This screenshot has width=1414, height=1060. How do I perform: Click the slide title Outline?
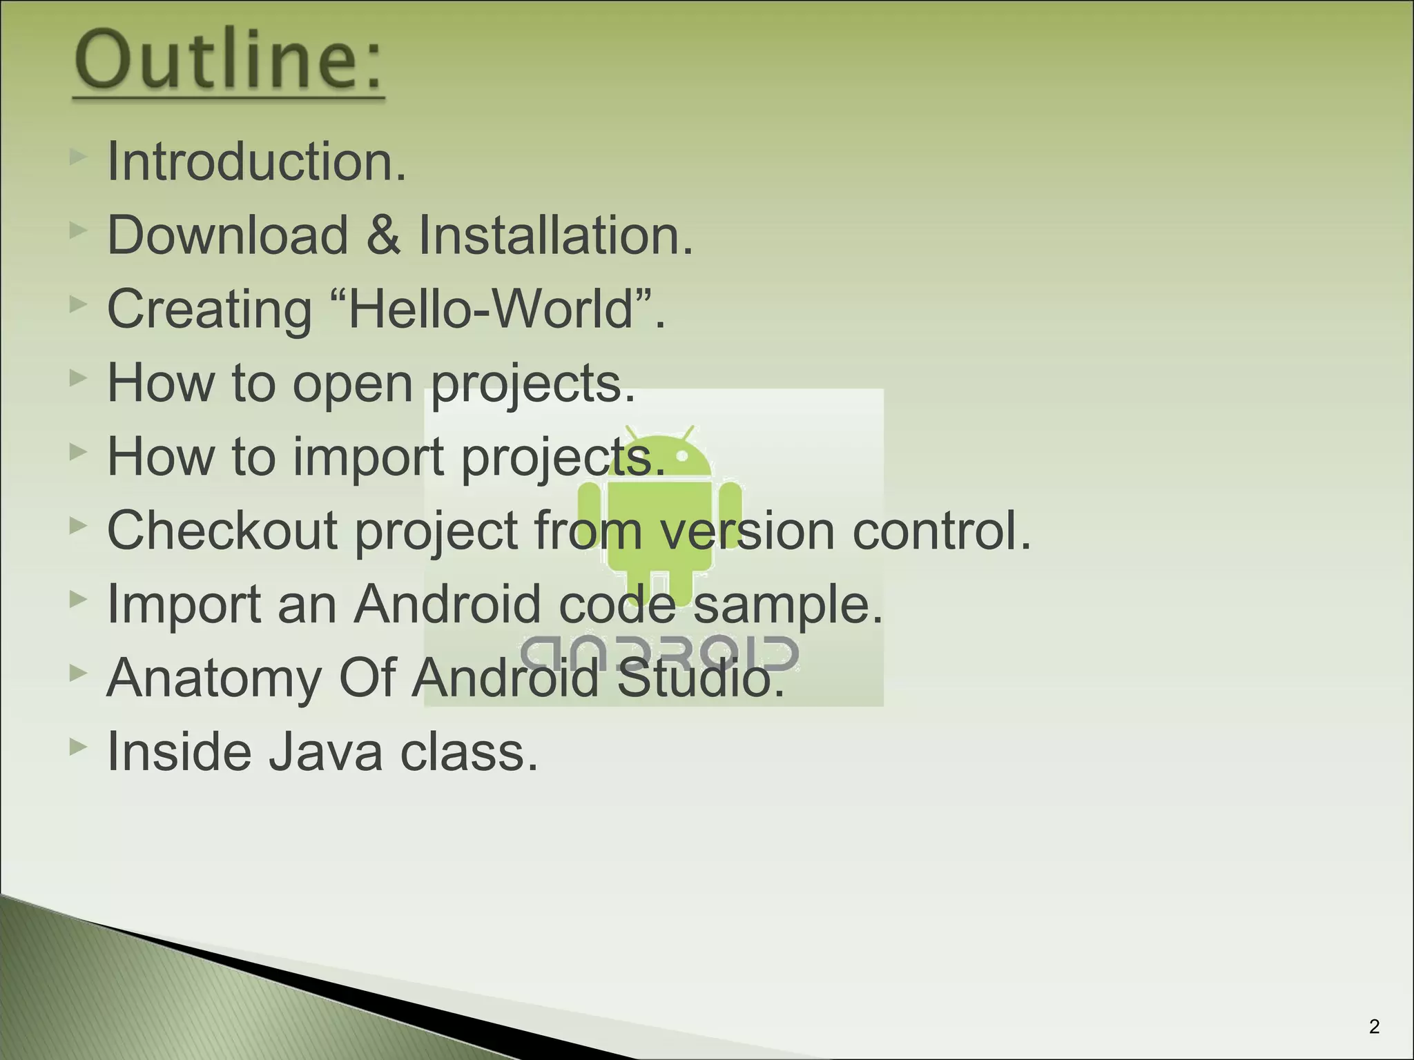pos(229,62)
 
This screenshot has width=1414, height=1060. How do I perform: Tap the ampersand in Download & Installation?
pos(382,235)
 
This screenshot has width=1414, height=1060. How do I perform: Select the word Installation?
pos(555,235)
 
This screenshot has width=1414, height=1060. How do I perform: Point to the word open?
pos(353,384)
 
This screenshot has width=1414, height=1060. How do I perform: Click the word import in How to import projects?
pos(369,458)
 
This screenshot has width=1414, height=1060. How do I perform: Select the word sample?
pos(787,605)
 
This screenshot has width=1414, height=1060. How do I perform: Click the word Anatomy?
pos(214,679)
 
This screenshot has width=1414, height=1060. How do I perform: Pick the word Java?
pos(325,752)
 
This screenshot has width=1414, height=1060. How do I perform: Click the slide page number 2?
pos(1374,1027)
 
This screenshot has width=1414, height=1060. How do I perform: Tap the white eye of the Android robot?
pos(682,456)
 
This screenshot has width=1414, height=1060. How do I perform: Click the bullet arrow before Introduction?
pos(78,157)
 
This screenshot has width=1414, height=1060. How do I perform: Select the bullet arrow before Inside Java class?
pos(78,747)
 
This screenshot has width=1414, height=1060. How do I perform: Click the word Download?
pos(228,235)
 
